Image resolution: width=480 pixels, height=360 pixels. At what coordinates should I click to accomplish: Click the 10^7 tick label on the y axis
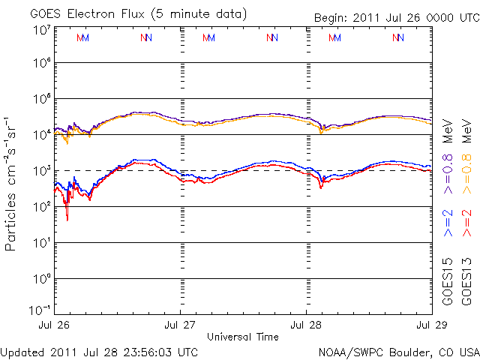41,30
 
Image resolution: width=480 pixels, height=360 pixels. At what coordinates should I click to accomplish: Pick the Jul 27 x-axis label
181,325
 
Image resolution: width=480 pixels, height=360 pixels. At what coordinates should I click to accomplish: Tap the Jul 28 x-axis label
306,325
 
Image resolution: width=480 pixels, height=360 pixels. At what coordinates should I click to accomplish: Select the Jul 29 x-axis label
430,325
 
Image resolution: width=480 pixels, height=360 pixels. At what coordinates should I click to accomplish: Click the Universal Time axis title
243,337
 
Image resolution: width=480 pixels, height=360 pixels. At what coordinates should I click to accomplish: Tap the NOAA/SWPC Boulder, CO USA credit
398,351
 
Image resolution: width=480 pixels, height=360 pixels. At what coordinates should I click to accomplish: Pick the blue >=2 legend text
448,223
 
